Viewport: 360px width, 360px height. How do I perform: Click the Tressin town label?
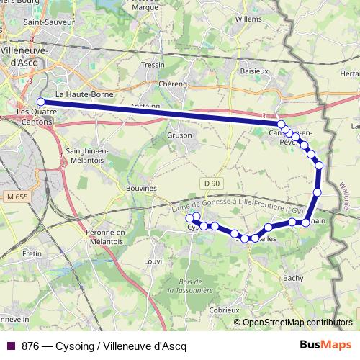(153, 64)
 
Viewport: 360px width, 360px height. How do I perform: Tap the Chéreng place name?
(173, 84)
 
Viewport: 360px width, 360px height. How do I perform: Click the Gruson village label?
(179, 135)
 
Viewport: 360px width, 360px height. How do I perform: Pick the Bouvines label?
(141, 188)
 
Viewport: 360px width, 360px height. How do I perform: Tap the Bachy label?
(294, 276)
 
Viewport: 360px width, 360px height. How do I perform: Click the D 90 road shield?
(211, 184)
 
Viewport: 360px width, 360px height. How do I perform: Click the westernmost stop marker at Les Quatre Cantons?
(40, 102)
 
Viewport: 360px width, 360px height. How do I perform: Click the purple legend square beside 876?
(10, 345)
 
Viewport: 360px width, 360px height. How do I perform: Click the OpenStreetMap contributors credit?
(293, 323)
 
